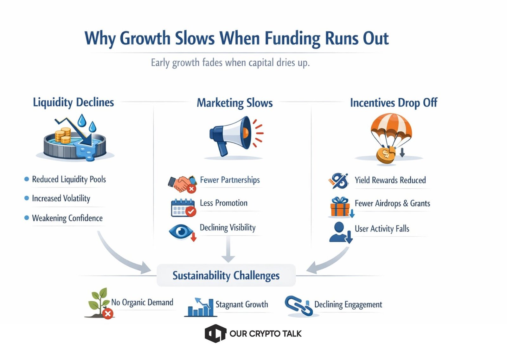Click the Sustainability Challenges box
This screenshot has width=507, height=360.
[226, 275]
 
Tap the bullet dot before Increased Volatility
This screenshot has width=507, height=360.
[27, 199]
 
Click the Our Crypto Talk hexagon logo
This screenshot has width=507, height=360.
[215, 333]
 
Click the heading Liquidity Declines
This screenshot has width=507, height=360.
[73, 102]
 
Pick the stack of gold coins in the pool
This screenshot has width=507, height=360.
[63, 135]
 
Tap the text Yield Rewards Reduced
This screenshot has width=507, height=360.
[390, 180]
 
